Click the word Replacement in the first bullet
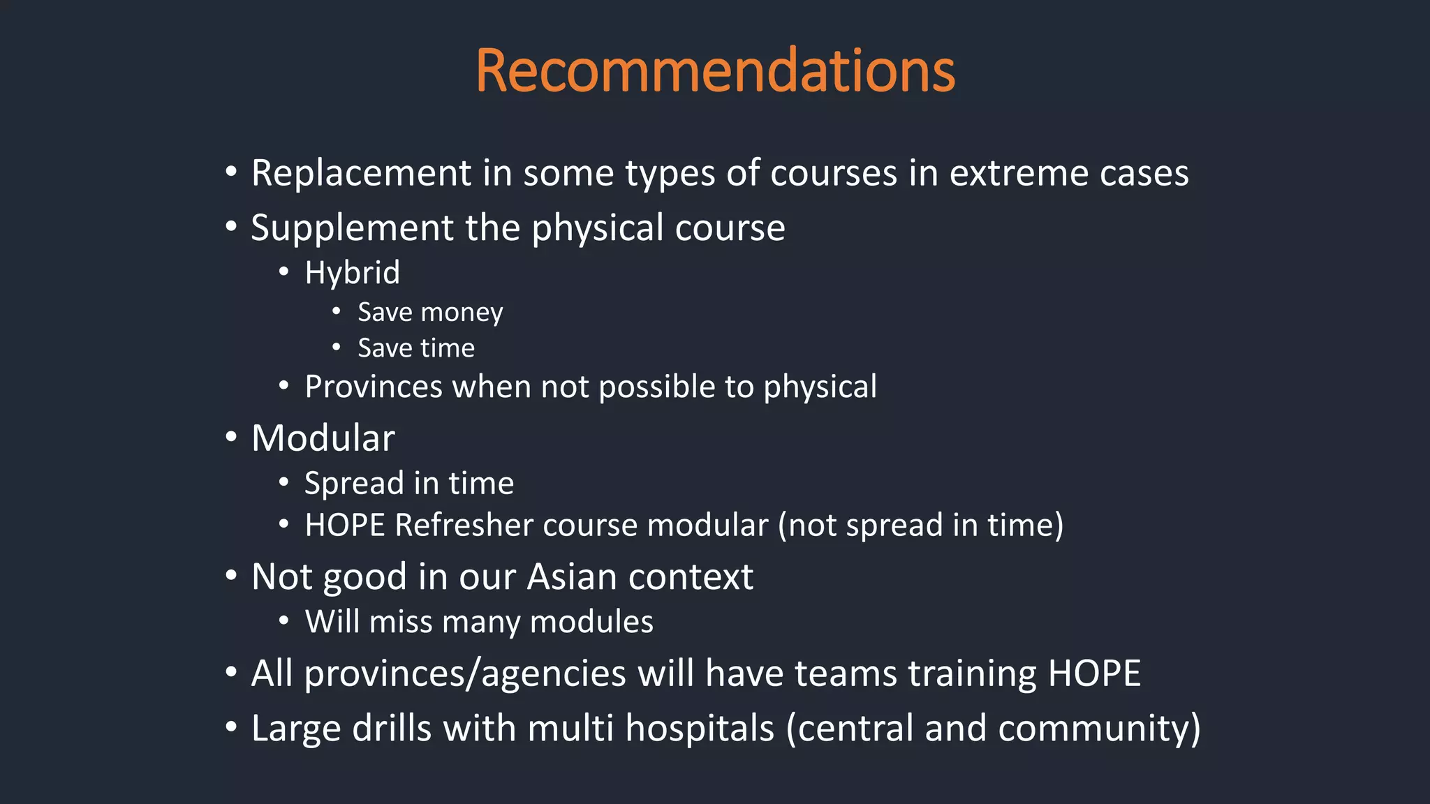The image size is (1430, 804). click(x=361, y=172)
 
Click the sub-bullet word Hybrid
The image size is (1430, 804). click(x=352, y=272)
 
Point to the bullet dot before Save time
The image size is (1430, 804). click(x=337, y=347)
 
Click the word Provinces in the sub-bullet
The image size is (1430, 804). click(x=373, y=387)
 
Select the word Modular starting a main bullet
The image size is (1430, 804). click(x=323, y=438)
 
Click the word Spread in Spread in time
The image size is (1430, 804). click(x=354, y=483)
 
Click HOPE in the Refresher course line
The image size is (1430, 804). click(x=344, y=525)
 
